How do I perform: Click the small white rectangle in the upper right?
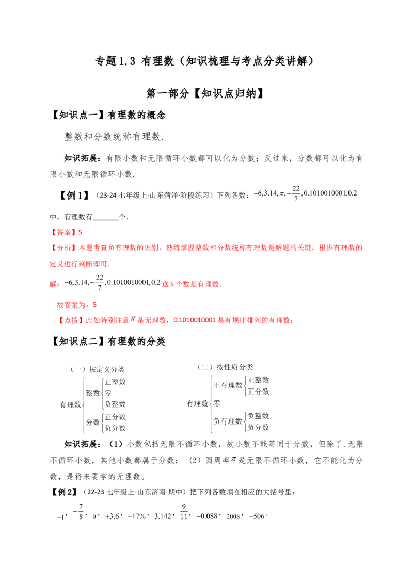pos(297,183)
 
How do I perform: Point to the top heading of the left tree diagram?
pos(107,368)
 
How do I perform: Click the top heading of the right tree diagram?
pos(234,367)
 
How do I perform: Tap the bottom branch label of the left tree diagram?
pos(115,428)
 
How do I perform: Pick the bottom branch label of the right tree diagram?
pos(258,428)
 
